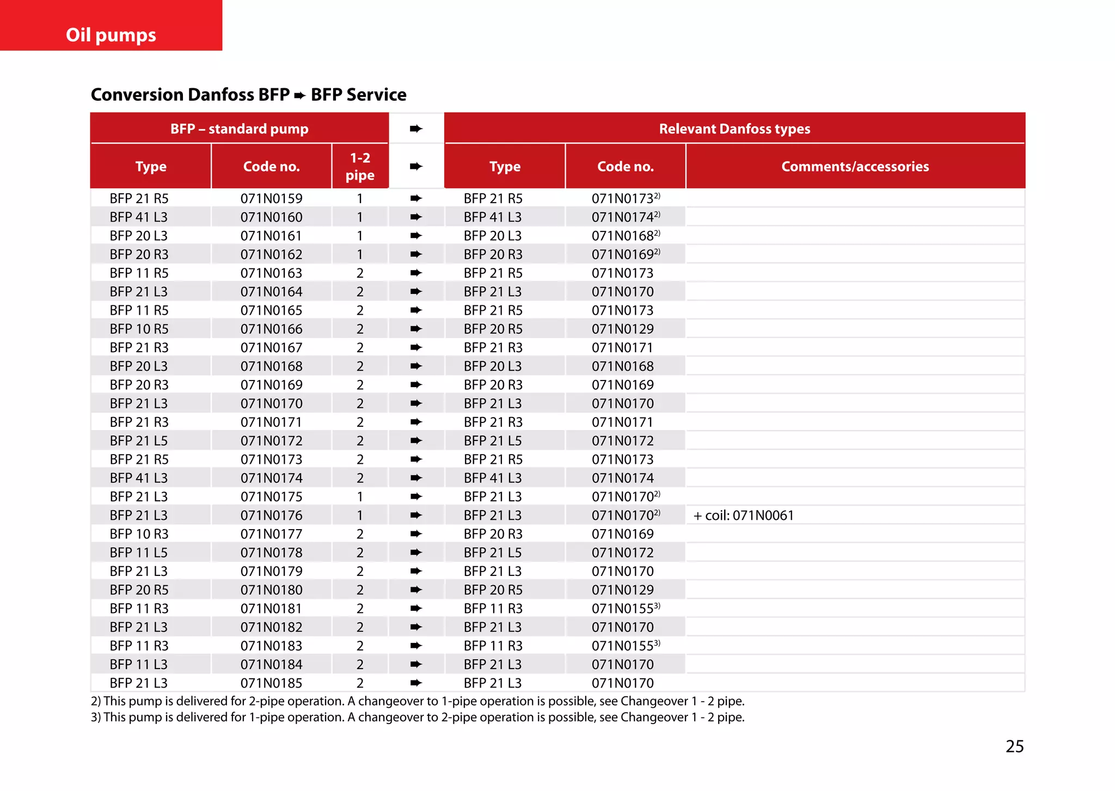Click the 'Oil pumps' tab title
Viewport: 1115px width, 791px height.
tap(111, 35)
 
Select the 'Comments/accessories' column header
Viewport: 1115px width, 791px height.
tap(855, 167)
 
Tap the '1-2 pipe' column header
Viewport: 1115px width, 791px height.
tap(360, 167)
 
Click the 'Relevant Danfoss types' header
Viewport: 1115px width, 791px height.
tap(734, 129)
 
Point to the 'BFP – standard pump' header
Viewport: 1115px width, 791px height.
tap(239, 129)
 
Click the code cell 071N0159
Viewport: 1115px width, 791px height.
tap(271, 199)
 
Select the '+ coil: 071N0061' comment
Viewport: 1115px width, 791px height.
tap(744, 516)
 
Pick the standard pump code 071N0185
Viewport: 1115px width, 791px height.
tap(271, 683)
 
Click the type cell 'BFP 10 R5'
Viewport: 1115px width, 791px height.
tap(139, 329)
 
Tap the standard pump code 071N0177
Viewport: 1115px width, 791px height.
tap(271, 534)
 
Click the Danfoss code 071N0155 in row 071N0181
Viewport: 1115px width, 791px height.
tap(623, 609)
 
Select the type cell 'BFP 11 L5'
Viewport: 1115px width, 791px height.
tap(139, 553)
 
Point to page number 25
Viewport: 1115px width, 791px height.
tap(1014, 746)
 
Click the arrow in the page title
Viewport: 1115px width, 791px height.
tap(300, 96)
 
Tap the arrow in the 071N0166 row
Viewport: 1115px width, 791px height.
tap(416, 329)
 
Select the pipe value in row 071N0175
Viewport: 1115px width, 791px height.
tap(360, 497)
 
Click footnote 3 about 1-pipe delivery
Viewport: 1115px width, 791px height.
tap(417, 718)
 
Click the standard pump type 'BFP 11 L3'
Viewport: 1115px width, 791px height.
tap(139, 665)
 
